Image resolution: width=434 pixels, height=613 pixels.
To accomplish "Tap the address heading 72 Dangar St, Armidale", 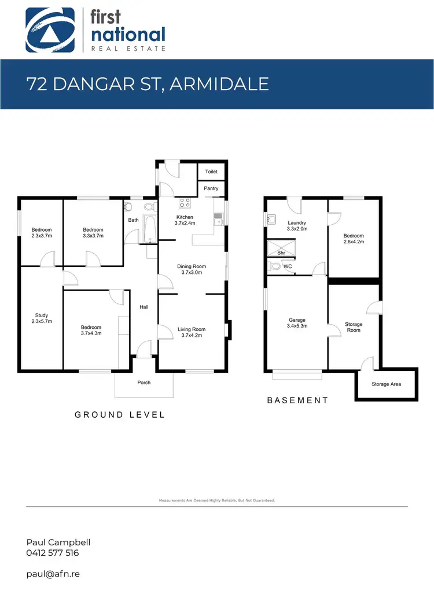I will coord(148,84).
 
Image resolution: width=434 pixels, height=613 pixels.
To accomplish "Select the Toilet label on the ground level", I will coord(211,172).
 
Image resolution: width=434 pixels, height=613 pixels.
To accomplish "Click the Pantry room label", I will coord(211,188).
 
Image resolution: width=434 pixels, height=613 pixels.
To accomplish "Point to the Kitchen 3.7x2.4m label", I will coord(186,220).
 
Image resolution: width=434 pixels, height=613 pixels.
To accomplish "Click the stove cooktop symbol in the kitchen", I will coord(186,203).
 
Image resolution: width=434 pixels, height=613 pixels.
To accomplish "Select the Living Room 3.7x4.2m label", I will coord(193,332).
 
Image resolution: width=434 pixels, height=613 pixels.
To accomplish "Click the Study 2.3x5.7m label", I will coord(41,318).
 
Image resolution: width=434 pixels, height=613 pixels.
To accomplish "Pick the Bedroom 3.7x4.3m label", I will coord(91,330).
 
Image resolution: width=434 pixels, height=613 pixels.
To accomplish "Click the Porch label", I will coord(144,382).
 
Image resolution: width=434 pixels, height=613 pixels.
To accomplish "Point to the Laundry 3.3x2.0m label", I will coord(296,225).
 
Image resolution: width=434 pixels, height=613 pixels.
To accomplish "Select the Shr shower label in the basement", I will coord(281,252).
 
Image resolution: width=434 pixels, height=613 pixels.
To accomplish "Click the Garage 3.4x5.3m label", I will coord(297,323).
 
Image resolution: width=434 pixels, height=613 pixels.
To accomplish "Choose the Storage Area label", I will coord(386,384).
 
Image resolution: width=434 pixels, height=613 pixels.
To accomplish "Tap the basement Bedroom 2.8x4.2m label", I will coord(354,239).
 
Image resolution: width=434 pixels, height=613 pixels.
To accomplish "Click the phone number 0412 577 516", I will coord(53,553).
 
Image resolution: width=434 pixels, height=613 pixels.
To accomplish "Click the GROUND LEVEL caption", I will coord(120,415).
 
